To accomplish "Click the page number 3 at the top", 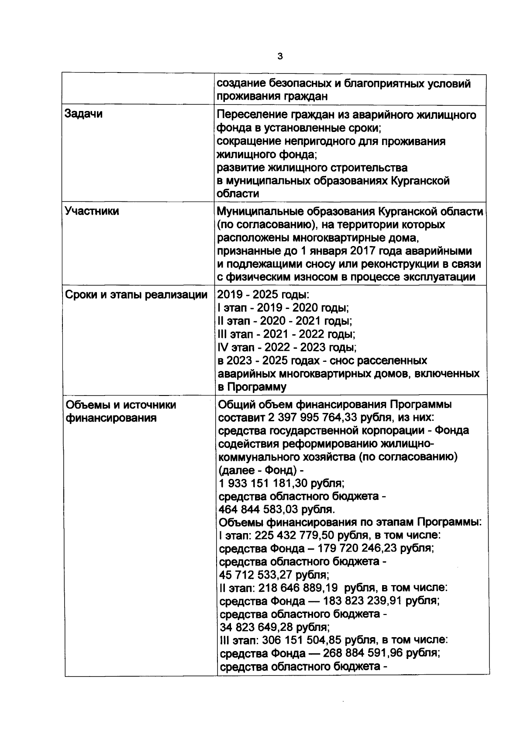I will pyautogui.click(x=280, y=56).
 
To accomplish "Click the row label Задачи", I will pyautogui.click(x=84, y=114).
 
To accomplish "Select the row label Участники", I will pyautogui.click(x=92, y=211).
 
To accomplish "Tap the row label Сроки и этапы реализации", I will pyautogui.click(x=136, y=295).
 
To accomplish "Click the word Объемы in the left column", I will pyautogui.click(x=90, y=405).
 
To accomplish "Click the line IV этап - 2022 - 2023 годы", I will pyautogui.click(x=287, y=348).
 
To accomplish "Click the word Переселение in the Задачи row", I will pyautogui.click(x=251, y=115).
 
